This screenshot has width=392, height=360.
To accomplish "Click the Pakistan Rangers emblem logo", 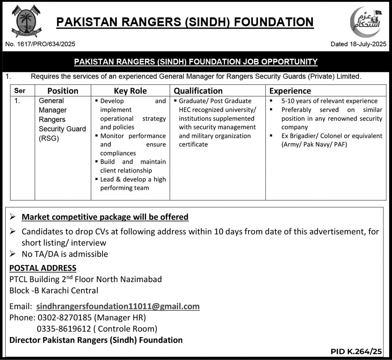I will pyautogui.click(x=26, y=21).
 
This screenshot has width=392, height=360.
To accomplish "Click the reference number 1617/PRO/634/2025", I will pyautogui.click(x=40, y=44).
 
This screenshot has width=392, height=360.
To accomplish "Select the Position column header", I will pyautogui.click(x=63, y=91).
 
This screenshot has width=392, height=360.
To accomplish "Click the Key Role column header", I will pyautogui.click(x=130, y=91).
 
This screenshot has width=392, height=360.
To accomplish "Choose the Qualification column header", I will pyautogui.click(x=198, y=91).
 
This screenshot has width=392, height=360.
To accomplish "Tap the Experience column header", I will pyautogui.click(x=290, y=91).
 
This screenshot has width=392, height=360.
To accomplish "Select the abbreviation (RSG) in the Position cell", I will pyautogui.click(x=49, y=138).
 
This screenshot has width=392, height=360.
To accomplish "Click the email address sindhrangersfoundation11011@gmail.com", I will pyautogui.click(x=118, y=306).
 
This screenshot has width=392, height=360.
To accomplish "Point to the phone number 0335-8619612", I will pyautogui.click(x=64, y=329).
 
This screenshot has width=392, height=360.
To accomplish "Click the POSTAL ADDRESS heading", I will pyautogui.click(x=43, y=268).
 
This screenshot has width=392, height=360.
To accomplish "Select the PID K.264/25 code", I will pyautogui.click(x=356, y=352).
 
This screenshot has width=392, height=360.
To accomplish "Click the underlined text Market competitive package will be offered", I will pyautogui.click(x=105, y=217).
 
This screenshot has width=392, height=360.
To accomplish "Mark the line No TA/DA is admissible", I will pyautogui.click(x=65, y=254).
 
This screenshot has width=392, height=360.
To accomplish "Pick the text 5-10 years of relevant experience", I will pyautogui.click(x=329, y=101).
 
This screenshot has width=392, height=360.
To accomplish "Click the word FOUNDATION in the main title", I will pyautogui.click(x=273, y=22).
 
